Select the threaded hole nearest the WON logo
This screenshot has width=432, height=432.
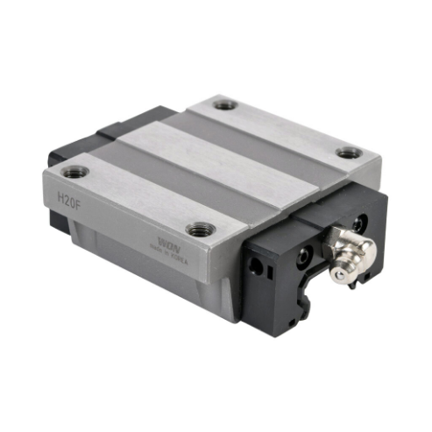coord(201,230)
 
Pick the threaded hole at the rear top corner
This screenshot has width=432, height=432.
coord(225,104)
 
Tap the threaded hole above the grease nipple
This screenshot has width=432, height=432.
coord(349,152)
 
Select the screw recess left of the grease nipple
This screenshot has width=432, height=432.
coord(304,257)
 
